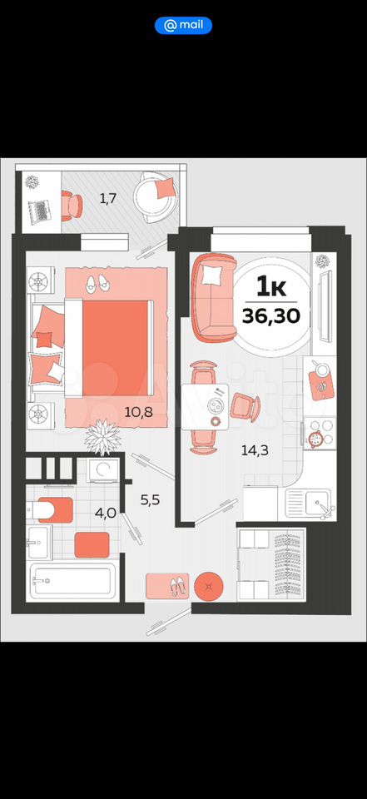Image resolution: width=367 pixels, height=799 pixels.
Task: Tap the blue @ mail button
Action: coord(183,25)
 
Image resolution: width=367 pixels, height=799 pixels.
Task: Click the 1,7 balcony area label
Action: coord(108,198)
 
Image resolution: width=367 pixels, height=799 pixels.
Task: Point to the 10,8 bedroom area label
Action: coord(139,412)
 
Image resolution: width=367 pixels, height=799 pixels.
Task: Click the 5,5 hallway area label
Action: coord(151,500)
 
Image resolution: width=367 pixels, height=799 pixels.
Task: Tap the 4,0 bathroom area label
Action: coord(106,513)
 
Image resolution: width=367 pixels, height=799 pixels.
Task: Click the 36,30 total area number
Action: coord(271,316)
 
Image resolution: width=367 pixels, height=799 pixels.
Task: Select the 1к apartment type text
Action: coord(271,289)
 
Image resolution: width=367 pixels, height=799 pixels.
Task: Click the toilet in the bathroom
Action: coord(49,510)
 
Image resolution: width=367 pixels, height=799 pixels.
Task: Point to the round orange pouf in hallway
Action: coord(209,586)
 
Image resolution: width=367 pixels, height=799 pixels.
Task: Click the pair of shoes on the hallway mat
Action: coord(178,587)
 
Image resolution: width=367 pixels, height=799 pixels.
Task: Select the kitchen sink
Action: coord(310,504)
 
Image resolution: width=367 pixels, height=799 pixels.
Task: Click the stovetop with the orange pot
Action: coord(320,434)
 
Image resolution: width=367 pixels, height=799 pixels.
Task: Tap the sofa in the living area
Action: coord(214,297)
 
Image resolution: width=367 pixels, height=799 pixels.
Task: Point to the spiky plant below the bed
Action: coord(102,436)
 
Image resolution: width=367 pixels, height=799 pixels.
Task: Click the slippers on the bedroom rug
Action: coord(98,283)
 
